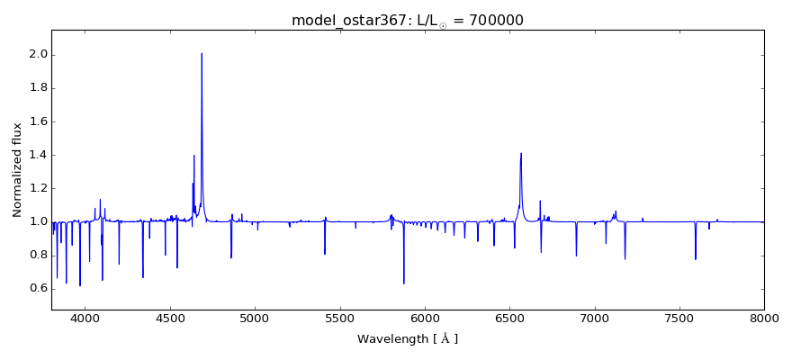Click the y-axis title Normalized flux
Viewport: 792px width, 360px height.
pyautogui.click(x=17, y=170)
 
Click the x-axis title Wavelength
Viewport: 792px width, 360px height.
pyautogui.click(x=407, y=339)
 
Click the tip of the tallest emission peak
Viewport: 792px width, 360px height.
pyautogui.click(x=202, y=53)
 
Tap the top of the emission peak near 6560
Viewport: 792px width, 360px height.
pyautogui.click(x=521, y=153)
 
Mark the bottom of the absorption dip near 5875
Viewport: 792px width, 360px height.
pyautogui.click(x=403, y=283)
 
